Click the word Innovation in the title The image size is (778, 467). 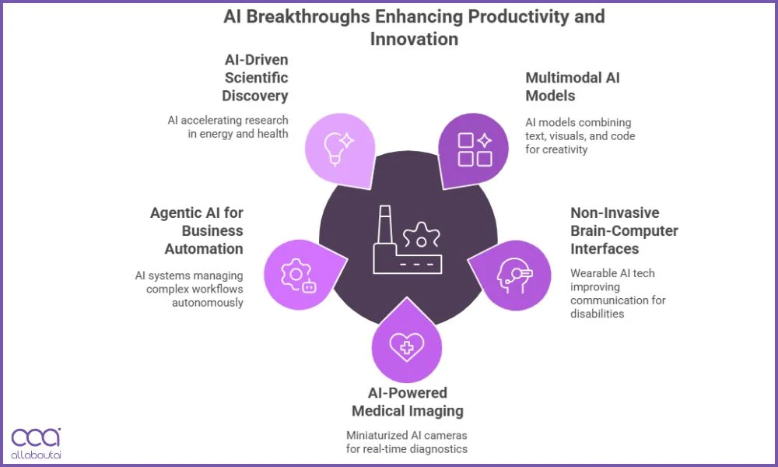[414, 38]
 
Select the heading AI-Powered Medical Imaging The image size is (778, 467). [407, 402]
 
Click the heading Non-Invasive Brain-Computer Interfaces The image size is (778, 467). [624, 230]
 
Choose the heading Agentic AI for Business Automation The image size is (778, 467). [196, 231]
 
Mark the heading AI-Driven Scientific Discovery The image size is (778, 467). [254, 77]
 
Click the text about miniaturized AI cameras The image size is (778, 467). [407, 441]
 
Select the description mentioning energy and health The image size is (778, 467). [228, 127]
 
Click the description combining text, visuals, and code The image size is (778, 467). [580, 136]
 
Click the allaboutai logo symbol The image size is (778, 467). [35, 438]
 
